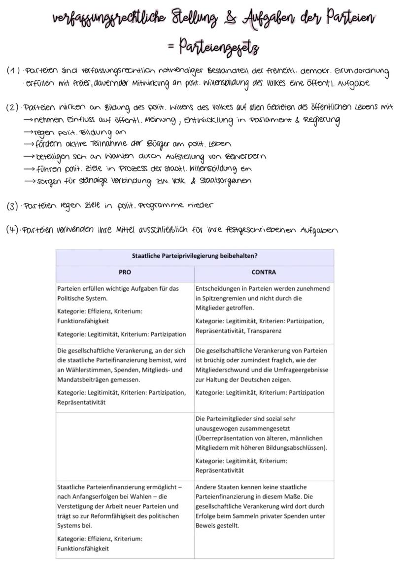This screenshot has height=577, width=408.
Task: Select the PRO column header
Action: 125,272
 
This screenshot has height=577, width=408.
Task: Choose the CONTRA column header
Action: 264,272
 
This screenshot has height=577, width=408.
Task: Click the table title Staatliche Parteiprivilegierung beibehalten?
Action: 195,256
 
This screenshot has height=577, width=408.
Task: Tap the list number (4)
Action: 13,230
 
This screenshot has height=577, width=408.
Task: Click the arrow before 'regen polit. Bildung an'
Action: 29,132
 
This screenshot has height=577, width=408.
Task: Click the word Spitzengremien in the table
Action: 225,298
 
